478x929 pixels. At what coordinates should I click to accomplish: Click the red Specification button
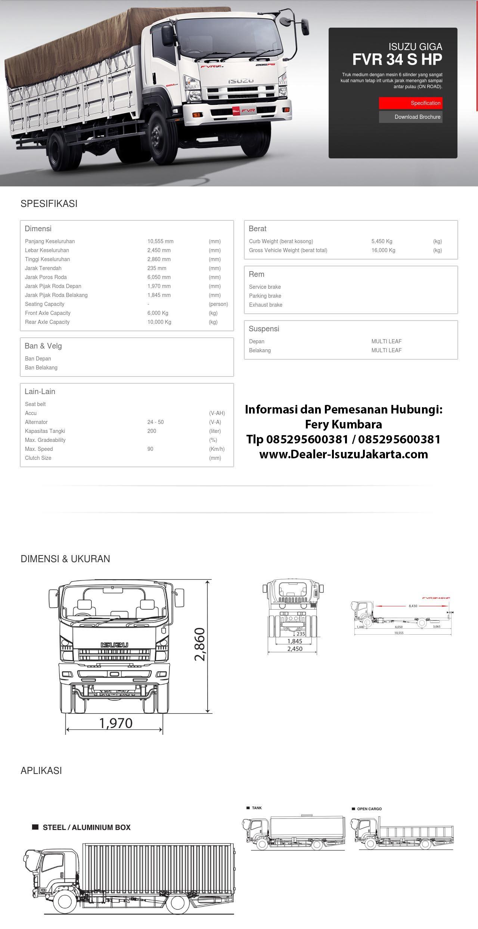(410, 103)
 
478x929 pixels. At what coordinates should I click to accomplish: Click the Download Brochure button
(410, 117)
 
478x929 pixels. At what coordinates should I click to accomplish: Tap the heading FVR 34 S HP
(397, 59)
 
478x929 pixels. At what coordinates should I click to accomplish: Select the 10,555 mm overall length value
(160, 241)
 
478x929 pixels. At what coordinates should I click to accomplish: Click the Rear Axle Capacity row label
(47, 322)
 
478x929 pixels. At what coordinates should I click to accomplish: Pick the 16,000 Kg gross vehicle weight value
(383, 250)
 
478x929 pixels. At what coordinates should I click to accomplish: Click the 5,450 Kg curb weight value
(382, 241)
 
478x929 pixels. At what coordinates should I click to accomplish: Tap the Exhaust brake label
(266, 305)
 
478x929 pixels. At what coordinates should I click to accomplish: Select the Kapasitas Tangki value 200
(152, 431)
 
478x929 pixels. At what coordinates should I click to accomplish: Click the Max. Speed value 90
(150, 449)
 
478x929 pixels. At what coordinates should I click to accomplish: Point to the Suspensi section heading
(264, 329)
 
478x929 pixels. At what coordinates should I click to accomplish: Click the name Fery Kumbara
(343, 424)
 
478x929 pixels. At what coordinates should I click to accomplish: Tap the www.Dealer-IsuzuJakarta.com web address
(343, 454)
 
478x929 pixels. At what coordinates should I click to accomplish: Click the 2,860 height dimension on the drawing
(200, 644)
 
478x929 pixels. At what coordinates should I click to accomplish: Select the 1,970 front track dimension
(116, 723)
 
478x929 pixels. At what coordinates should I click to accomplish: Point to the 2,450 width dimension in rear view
(295, 649)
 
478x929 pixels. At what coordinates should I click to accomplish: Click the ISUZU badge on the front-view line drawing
(114, 645)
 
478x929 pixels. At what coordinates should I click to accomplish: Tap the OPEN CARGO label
(369, 809)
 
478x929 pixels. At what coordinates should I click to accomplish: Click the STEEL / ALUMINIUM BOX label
(86, 827)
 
